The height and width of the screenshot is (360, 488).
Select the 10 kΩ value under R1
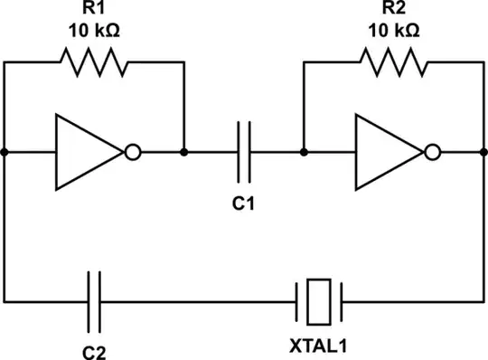[94, 30]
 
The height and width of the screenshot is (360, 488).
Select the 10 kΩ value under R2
[394, 30]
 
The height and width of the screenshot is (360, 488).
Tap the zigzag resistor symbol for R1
[94, 62]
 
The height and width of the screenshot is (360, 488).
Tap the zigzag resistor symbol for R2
[394, 62]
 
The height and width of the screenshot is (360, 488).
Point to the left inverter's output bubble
[133, 152]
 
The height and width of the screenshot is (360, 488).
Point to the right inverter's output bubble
[433, 152]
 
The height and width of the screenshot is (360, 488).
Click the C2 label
[94, 346]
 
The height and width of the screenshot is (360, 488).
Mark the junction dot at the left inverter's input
[5, 152]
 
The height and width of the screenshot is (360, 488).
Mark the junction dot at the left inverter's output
[183, 152]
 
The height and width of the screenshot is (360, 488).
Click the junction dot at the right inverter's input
[305, 152]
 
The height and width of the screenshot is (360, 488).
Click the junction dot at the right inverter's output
[483, 152]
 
